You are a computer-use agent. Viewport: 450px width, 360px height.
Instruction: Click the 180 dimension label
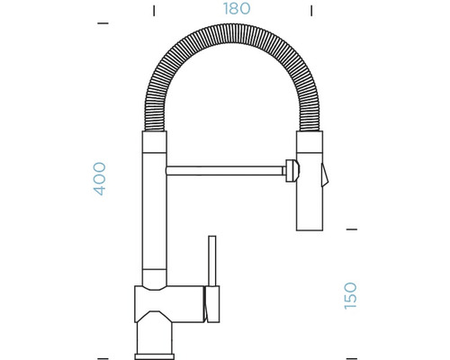tap(237, 9)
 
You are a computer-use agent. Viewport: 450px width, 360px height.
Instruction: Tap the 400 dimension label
tap(100, 178)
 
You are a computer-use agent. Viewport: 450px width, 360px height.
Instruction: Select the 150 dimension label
tap(350, 295)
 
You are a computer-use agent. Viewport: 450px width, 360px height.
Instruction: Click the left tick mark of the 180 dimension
tap(154, 11)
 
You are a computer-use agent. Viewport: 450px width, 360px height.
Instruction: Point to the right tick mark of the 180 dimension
tap(311, 11)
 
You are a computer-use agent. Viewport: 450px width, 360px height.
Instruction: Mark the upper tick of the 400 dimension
tap(103, 23)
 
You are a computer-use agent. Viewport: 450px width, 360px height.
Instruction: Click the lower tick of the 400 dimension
tap(103, 358)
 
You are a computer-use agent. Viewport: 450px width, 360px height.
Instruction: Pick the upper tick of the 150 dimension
tap(351, 229)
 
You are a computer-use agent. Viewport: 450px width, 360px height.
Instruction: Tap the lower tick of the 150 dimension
tap(351, 358)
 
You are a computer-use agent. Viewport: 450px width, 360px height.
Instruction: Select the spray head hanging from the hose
tap(309, 193)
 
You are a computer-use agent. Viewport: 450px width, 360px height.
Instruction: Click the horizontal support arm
tap(225, 168)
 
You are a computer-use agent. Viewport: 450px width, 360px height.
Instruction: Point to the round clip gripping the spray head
tap(291, 169)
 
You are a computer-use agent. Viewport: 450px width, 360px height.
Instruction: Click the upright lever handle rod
tap(212, 261)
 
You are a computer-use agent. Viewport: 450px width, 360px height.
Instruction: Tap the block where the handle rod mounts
tap(212, 304)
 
